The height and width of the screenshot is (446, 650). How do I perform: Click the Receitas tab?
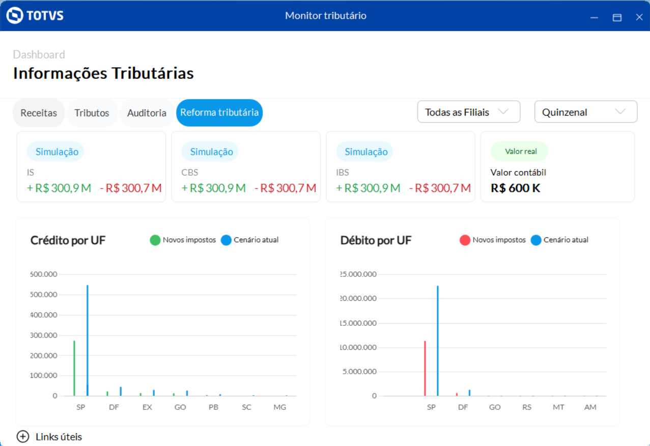pos(39,113)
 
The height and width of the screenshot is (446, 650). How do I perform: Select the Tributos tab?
pos(92,113)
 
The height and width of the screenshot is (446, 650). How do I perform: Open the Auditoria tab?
pos(147,113)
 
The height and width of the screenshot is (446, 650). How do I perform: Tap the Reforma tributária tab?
pos(219,113)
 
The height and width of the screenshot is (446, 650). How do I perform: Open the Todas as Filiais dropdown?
pos(468,112)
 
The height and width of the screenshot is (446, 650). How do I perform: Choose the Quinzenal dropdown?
pos(585,112)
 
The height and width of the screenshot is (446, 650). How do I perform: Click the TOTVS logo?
pos(35,15)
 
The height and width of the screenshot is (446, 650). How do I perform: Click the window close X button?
pos(639,17)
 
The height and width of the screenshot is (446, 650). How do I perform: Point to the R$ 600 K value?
pos(515,188)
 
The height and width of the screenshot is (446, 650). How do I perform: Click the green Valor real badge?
pos(519,151)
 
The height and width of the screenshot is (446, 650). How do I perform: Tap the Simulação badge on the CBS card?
pos(211,152)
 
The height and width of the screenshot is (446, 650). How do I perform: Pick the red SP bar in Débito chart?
pos(425,368)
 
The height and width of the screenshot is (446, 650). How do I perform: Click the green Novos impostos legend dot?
pos(155,240)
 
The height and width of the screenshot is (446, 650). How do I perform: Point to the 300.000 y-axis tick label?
pos(44,335)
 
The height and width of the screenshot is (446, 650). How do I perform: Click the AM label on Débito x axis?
pos(590,407)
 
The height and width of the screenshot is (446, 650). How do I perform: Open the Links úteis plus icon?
pos(23,437)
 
